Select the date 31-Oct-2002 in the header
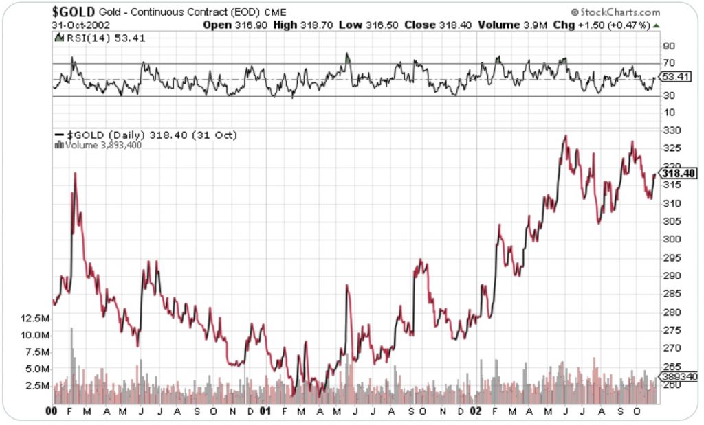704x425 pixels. click(x=79, y=25)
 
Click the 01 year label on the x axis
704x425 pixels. click(x=267, y=411)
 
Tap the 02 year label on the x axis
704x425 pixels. click(x=475, y=411)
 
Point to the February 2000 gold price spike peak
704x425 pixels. click(x=74, y=173)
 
